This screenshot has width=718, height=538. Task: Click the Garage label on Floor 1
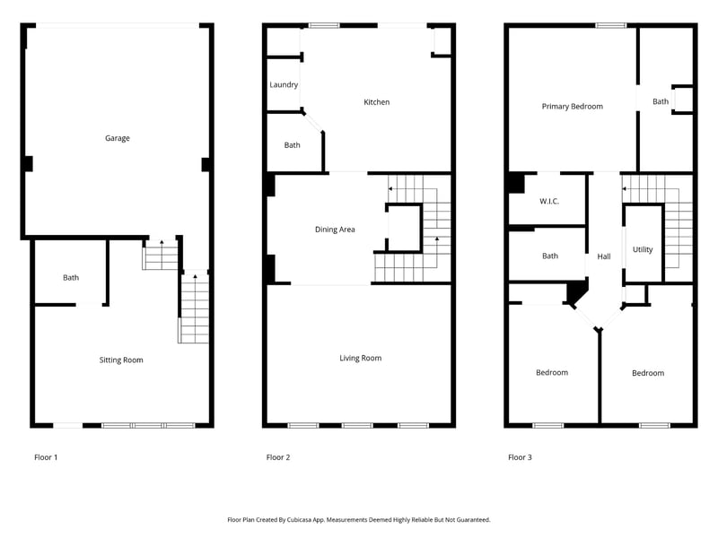coord(118,138)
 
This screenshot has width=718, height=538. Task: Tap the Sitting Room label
coord(121,360)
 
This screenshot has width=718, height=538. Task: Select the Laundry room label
coord(284,85)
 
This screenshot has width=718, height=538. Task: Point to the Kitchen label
coord(376,102)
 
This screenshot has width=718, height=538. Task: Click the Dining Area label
coord(335,230)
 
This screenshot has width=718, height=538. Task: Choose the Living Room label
coord(360,358)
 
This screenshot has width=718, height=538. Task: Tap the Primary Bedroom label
coord(572,106)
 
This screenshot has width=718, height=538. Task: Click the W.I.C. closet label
coord(549,201)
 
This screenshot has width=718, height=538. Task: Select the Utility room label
coord(643,249)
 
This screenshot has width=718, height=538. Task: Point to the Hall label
coord(604,257)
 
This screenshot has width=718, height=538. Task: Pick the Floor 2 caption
coord(278,457)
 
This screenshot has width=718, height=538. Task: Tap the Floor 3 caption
coord(520,457)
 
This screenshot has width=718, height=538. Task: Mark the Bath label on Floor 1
coord(71,277)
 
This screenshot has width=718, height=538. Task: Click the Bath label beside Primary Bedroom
coord(661,101)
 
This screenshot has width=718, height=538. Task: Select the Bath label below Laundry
coord(293,145)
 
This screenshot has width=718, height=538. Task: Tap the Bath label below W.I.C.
coord(550,256)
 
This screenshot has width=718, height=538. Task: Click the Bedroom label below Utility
coord(647,373)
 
